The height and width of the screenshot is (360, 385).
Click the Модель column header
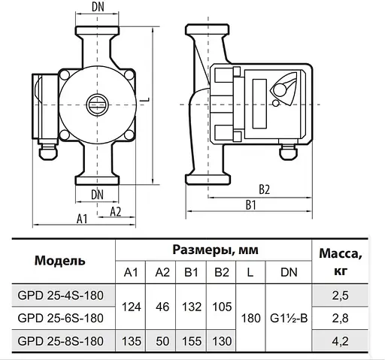pos(59,261)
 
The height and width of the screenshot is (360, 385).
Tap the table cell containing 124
pos(132,306)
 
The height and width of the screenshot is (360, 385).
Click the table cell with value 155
pos(192,340)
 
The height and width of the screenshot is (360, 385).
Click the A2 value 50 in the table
pos(162,340)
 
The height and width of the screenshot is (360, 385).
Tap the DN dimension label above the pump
pos(98,8)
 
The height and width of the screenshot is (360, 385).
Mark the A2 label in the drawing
pos(115,211)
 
